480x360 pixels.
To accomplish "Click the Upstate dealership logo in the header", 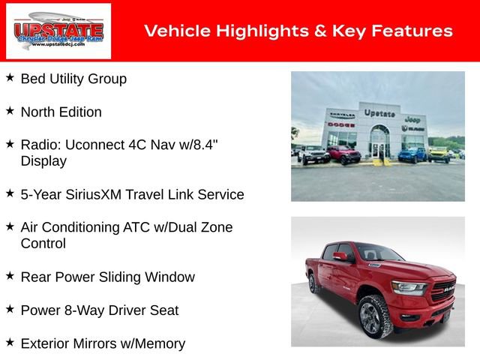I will point(58,31).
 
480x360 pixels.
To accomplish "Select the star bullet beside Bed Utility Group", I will point(10,77).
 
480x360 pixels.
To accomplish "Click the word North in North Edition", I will point(38,112).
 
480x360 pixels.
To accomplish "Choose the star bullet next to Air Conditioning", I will point(10,225).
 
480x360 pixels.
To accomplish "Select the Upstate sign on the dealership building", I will point(379,113).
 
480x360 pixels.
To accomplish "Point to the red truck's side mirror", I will point(340,256).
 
